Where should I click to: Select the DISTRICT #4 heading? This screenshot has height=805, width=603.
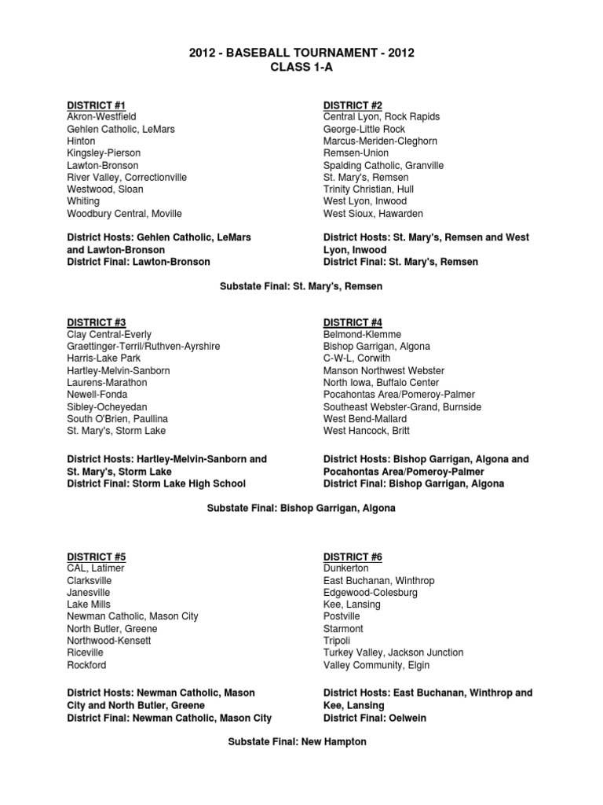[353, 322]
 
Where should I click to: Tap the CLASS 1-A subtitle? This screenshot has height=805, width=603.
[301, 68]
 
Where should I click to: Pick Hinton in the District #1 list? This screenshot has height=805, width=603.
[82, 142]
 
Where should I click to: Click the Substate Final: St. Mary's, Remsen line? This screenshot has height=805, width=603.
[301, 287]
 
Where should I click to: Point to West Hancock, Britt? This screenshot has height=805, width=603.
[367, 431]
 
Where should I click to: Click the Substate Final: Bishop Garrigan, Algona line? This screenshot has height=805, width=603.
[301, 509]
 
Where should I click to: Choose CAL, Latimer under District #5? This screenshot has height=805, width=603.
[96, 568]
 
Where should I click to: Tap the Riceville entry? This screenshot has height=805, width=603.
[86, 652]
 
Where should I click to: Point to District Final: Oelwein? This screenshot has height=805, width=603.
[375, 718]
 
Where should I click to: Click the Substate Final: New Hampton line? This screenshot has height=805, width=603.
[301, 742]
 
